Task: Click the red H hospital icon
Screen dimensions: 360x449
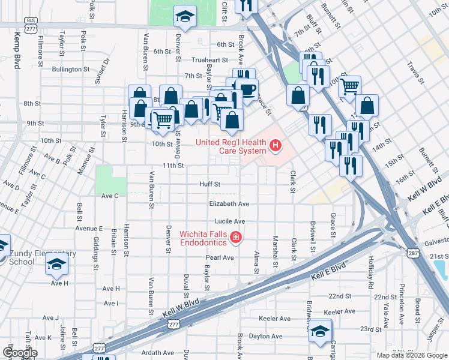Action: point(276,145)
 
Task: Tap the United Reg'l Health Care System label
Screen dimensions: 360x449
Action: point(231,146)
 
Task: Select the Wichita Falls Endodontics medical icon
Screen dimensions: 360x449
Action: point(236,238)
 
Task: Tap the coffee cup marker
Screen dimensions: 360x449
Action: point(246,89)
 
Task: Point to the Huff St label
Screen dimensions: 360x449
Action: point(210,184)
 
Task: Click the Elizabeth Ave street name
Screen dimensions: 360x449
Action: point(229,204)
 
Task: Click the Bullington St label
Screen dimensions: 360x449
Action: point(71,70)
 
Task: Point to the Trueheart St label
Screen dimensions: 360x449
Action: point(210,60)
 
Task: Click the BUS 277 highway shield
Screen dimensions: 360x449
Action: point(31,23)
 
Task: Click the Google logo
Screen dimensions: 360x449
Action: point(20,353)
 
